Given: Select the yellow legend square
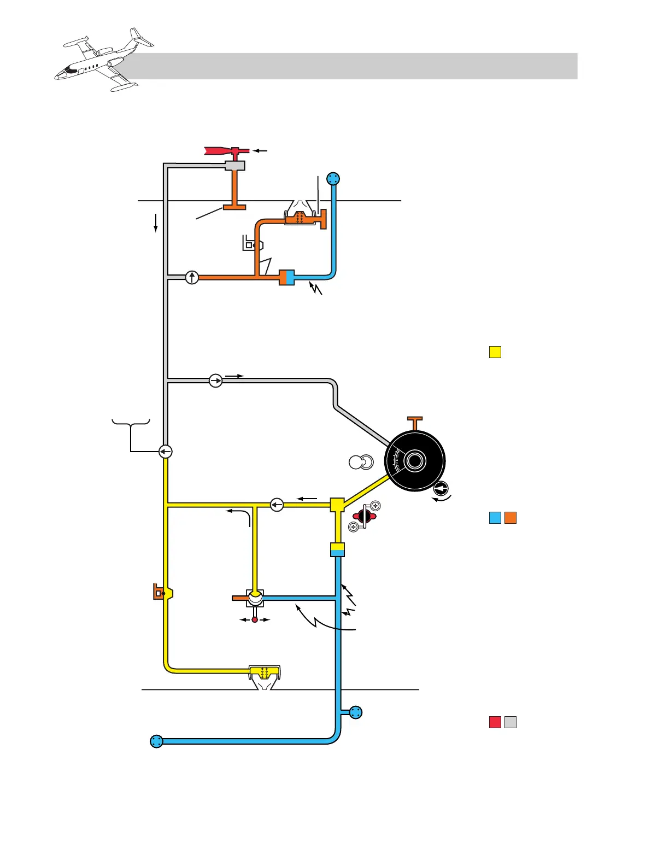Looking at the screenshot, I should point(495,352).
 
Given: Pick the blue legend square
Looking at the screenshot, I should point(495,518).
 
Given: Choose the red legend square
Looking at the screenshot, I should point(495,722).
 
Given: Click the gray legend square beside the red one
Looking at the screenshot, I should point(510,722).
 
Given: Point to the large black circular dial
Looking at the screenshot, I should point(415,461).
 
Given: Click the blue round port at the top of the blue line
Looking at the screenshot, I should point(333,179).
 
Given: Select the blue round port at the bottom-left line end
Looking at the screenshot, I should point(156,741).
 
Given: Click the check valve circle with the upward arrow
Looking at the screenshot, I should point(192,277).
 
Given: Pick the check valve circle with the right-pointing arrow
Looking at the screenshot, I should point(216,381).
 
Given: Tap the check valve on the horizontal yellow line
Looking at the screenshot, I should point(277,504).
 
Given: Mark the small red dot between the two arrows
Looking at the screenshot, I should point(255,619).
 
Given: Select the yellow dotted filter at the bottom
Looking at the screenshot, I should point(265,672).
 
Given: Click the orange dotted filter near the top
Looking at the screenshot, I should point(300,218).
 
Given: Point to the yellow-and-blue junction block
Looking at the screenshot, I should point(338,549).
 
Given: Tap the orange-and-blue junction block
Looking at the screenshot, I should point(287,277).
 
